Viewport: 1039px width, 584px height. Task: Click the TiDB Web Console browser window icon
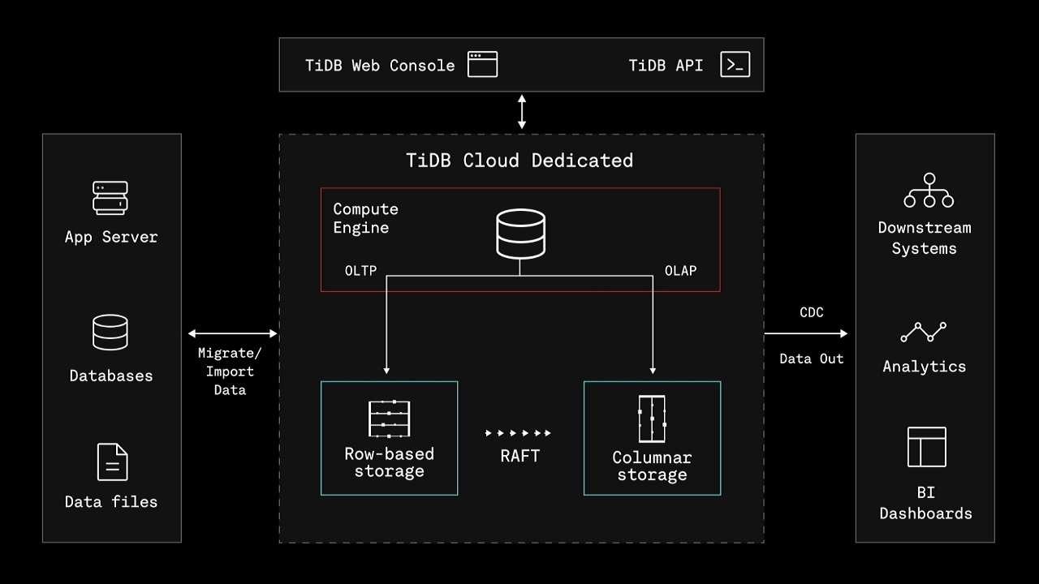482,64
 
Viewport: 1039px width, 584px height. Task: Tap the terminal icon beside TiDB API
735,64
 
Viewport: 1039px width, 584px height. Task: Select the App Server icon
110,198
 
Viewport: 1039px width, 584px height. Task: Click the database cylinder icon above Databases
110,332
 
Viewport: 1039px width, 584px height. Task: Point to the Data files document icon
112,462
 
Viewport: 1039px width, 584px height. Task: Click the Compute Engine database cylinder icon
520,234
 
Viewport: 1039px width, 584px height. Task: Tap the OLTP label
361,271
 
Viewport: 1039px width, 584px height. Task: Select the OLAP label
680,271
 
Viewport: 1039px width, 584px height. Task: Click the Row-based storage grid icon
389,419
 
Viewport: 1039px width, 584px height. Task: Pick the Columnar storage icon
652,419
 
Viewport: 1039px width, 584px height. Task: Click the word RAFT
520,456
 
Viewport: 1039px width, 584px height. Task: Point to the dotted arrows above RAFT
518,433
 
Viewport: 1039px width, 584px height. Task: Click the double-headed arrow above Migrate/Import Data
232,333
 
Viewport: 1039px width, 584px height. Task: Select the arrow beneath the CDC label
806,333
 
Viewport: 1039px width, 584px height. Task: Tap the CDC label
811,312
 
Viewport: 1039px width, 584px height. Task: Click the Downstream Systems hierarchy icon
929,191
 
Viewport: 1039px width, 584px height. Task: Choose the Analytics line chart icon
924,333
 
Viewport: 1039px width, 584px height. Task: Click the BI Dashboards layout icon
927,447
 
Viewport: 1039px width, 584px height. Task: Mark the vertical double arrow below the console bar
522,112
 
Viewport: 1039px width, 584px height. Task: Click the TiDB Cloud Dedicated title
519,161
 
